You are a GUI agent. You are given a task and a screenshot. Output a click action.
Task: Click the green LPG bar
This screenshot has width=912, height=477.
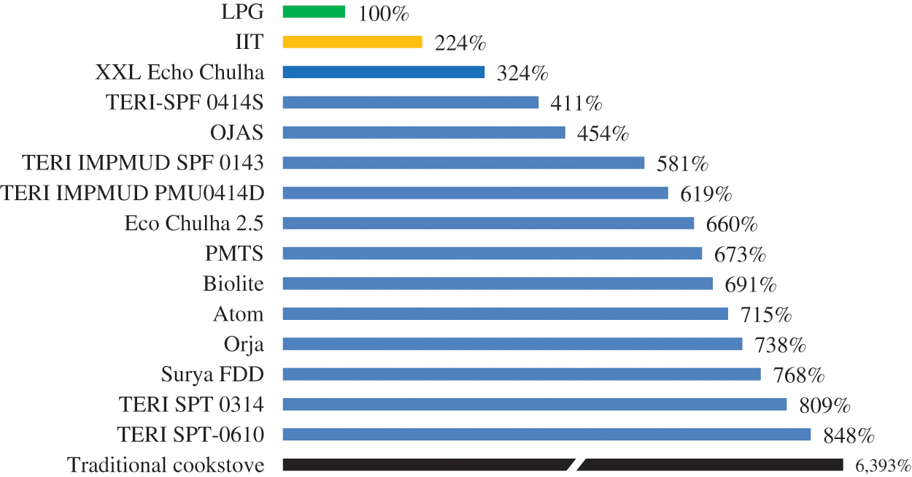click(314, 11)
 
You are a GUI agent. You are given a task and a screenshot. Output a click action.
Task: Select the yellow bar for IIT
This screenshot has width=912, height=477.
click(352, 42)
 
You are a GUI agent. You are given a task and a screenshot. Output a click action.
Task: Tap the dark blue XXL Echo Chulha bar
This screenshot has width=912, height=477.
click(384, 72)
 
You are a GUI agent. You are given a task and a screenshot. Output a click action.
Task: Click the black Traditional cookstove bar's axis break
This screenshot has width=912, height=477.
click(576, 465)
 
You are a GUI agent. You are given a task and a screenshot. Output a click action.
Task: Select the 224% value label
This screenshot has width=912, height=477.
click(460, 44)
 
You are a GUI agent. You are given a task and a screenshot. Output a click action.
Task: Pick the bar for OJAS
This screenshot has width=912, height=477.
click(424, 132)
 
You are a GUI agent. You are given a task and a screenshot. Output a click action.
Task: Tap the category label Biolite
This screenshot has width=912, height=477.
click(233, 284)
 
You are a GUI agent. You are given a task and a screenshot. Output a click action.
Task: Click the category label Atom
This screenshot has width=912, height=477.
click(239, 314)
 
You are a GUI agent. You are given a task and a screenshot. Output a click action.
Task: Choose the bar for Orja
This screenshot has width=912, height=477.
click(512, 343)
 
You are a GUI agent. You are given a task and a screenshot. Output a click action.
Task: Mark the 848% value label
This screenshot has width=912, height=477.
click(849, 436)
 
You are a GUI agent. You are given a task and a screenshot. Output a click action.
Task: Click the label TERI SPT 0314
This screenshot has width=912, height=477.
click(190, 405)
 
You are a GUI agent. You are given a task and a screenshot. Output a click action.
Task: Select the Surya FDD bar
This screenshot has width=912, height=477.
click(522, 374)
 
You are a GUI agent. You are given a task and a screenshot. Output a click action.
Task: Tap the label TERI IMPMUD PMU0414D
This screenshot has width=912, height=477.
click(132, 193)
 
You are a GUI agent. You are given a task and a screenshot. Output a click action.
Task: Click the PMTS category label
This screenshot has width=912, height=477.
click(235, 253)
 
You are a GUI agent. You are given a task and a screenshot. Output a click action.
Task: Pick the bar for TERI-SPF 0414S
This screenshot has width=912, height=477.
click(410, 102)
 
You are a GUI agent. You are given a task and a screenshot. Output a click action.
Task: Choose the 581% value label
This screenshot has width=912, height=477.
click(683, 164)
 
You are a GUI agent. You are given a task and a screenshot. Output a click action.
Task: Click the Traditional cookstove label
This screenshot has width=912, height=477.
click(166, 465)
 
